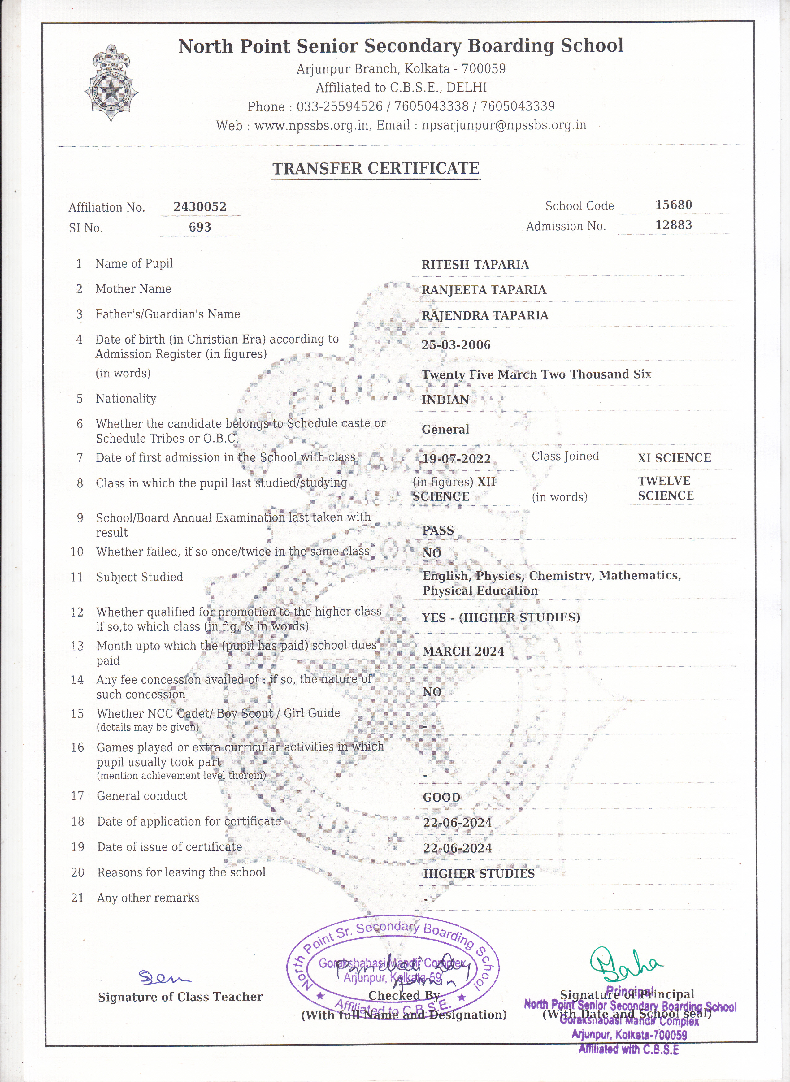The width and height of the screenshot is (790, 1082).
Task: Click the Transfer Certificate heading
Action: pos(375,168)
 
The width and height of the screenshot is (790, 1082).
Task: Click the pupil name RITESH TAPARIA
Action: pos(475,265)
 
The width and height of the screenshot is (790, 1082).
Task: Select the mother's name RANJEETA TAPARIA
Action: pos(484,290)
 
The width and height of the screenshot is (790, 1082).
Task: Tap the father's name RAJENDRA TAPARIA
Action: pos(485,315)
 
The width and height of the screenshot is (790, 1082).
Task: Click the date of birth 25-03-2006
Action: pos(456,345)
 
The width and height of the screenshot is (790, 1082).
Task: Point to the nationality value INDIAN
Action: pos(445,400)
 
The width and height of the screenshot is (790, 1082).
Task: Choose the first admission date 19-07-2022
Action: pos(456,459)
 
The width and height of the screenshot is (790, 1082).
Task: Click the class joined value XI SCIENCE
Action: pos(674,458)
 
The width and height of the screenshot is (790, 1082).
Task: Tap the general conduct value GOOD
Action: pos(441,797)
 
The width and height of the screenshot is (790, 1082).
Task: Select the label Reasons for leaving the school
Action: pos(181,872)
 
